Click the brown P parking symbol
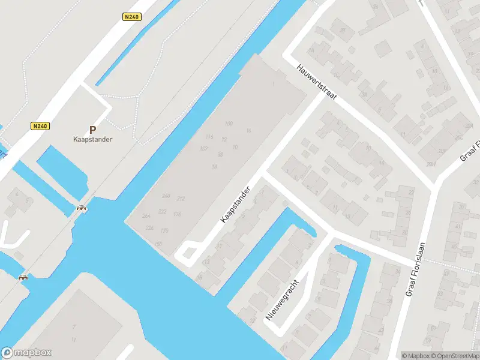92,129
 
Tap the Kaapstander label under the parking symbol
92,139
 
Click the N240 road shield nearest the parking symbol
41,126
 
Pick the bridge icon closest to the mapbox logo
23,277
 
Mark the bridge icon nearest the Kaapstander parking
81,208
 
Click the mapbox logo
26,353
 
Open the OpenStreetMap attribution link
454,356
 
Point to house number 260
166,196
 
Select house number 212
181,199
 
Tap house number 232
162,211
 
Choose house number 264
146,215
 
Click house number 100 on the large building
229,124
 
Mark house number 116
209,137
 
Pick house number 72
224,139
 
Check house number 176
177,214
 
